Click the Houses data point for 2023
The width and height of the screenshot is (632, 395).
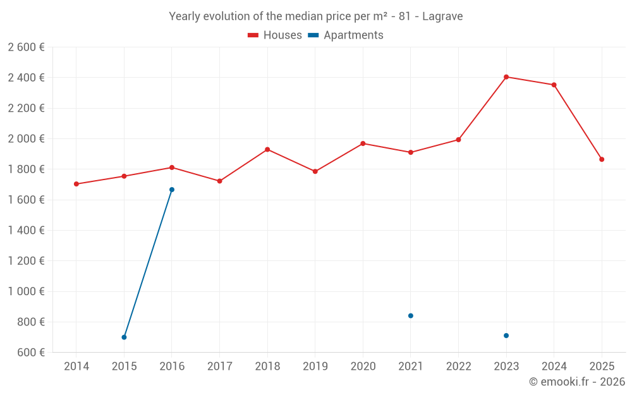coord(506,77)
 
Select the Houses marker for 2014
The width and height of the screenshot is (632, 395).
coord(76,184)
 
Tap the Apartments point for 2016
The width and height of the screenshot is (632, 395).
coord(172,190)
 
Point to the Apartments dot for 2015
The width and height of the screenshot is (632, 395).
coord(124,337)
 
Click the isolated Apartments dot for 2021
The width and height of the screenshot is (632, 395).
coord(411,315)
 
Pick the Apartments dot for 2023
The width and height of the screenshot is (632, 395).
coord(506,336)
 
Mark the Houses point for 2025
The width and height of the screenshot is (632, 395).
coord(602,159)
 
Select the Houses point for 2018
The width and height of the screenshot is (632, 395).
coord(267,149)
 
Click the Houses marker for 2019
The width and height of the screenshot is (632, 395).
coord(315,171)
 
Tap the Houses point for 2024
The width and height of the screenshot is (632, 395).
coord(554,85)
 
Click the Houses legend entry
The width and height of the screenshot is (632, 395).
coord(275,35)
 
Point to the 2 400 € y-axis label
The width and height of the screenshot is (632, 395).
coord(26,78)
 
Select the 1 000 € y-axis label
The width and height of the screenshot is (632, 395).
coord(26,291)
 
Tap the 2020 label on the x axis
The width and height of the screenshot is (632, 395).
coord(363,366)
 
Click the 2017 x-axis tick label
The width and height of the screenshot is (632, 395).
coord(219,366)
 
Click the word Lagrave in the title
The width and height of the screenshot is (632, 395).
coord(443,16)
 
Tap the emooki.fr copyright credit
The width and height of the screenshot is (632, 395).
coord(576,382)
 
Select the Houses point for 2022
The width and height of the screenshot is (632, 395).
coord(459,140)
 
